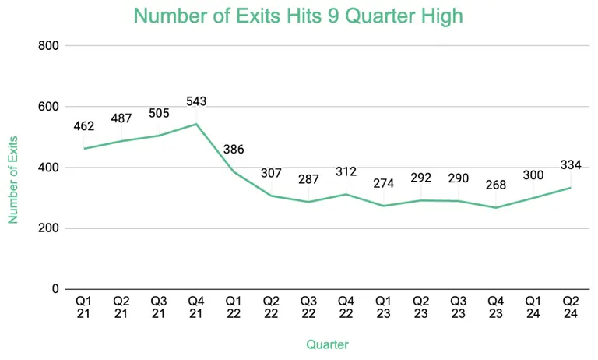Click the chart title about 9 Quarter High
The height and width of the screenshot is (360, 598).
click(299, 16)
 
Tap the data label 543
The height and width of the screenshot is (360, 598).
click(196, 102)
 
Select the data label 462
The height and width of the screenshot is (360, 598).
click(84, 125)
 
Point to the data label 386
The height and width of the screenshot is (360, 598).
click(234, 149)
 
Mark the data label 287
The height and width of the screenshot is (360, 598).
click(308, 179)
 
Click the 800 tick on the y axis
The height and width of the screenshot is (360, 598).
click(49, 46)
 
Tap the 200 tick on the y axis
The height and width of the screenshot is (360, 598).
click(49, 228)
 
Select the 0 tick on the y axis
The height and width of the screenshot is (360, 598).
click(55, 289)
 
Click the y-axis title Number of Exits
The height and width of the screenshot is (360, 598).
click(13, 179)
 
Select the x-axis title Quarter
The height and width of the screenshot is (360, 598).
click(327, 344)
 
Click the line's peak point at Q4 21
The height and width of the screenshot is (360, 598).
click(196, 124)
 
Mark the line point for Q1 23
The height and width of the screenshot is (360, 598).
click(383, 206)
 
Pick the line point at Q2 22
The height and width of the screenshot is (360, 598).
click(271, 196)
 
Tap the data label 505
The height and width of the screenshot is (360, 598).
click(159, 114)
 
